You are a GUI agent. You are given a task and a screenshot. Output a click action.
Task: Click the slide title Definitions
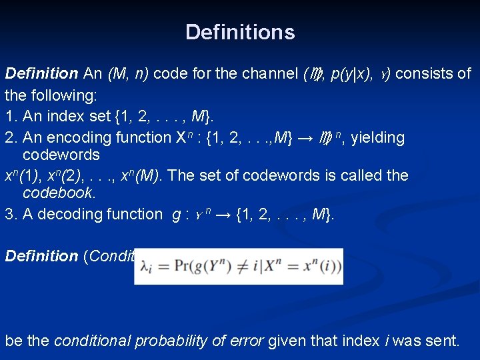click(240, 32)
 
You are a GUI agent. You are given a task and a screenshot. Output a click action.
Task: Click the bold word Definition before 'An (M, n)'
click(41, 73)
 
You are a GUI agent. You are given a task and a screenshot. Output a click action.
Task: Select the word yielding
click(377, 138)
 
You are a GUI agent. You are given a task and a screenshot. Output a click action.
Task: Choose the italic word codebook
click(59, 193)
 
